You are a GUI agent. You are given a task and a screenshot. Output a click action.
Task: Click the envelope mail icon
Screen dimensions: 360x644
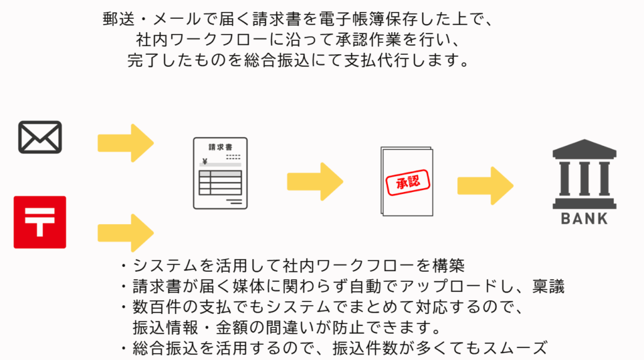pos(40,137)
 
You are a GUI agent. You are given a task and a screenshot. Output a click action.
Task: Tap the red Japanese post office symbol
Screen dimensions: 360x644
pos(40,222)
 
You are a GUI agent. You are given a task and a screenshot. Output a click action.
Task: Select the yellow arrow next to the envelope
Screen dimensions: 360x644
pos(125,143)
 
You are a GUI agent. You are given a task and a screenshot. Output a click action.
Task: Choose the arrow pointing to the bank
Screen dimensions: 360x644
pos(485,185)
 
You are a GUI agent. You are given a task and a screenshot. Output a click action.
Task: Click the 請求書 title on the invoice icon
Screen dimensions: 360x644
pos(220,147)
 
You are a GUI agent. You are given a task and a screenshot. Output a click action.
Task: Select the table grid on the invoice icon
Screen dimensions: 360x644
pos(220,183)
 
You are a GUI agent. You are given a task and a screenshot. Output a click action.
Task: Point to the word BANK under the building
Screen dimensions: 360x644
pos(584,220)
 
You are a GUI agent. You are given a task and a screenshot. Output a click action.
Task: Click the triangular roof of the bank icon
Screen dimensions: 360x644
pos(584,149)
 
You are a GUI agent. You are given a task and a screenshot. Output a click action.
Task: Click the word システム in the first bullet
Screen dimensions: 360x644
pos(158,264)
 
